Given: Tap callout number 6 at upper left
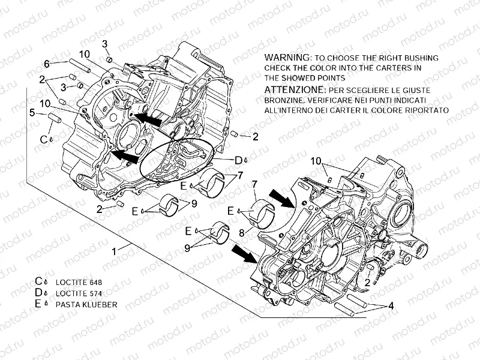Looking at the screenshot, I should (46, 64).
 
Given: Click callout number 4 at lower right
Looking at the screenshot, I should (391, 305).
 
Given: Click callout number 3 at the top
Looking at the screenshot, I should (104, 43).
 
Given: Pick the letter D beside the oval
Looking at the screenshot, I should (238, 160).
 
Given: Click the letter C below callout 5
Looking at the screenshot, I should (43, 139).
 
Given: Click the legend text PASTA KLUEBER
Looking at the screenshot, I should (86, 304).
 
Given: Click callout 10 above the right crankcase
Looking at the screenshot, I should (316, 161).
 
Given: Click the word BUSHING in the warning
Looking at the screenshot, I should (420, 58).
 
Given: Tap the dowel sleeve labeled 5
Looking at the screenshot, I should (54, 118).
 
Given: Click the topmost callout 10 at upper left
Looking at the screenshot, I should (83, 54).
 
